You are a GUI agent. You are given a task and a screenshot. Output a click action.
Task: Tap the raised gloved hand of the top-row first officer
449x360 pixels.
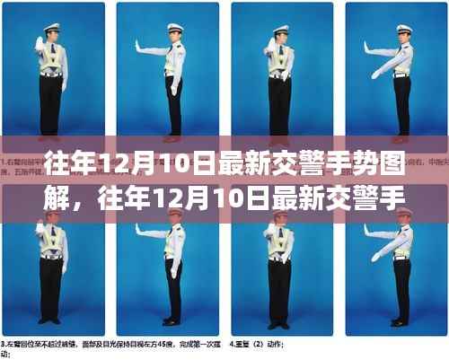click(39, 43)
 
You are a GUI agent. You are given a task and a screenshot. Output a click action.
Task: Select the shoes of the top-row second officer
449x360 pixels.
click(171, 139)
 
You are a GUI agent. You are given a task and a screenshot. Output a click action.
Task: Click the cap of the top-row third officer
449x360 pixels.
click(282, 30)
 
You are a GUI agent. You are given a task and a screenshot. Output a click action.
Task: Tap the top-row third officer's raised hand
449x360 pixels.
click(269, 44)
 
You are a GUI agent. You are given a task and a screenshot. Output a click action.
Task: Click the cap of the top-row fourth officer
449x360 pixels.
click(405, 28)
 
